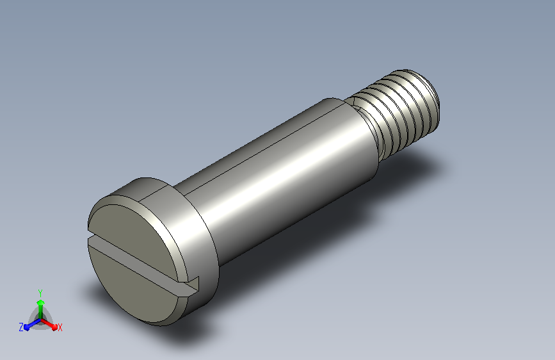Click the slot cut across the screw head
coord(141,262)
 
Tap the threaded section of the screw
coord(400,110)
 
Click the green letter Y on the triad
coord(40,293)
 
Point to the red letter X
coord(60,327)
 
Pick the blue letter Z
coord(21,327)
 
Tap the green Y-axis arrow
coord(41,309)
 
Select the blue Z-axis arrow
coord(33,324)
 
